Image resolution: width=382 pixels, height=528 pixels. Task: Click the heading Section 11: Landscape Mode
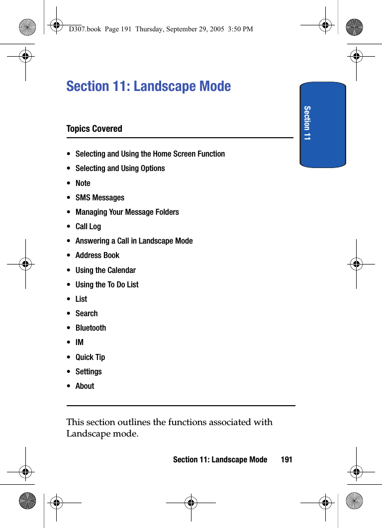tap(148, 86)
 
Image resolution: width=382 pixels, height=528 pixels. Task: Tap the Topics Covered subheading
tap(94, 129)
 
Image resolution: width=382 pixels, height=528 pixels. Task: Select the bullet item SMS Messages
tap(99, 197)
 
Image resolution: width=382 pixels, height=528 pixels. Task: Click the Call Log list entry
tap(88, 226)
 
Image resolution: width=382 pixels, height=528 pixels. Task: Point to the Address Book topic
tap(97, 255)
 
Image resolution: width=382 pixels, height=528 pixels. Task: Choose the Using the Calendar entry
tap(105, 270)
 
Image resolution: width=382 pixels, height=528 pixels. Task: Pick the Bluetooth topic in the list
tap(91, 328)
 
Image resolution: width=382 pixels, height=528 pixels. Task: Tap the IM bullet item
tap(80, 342)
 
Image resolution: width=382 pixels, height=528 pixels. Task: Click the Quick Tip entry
tap(90, 357)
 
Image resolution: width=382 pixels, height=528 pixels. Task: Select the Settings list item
tap(89, 371)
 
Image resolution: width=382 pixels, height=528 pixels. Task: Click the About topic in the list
tap(85, 386)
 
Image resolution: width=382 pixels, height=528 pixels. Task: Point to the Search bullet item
tap(87, 313)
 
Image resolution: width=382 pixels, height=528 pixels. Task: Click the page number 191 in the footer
tap(286, 459)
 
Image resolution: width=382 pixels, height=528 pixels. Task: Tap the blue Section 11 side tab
tap(322, 124)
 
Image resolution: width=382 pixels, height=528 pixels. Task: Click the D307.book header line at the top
tap(161, 29)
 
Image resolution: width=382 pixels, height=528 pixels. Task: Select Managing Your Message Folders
tap(127, 212)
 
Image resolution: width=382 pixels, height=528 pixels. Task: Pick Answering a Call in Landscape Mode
tap(134, 241)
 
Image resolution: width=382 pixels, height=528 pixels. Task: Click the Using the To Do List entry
tap(107, 284)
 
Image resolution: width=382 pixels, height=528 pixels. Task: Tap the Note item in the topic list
tap(83, 183)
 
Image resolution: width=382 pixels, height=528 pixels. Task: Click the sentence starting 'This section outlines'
tap(169, 428)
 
